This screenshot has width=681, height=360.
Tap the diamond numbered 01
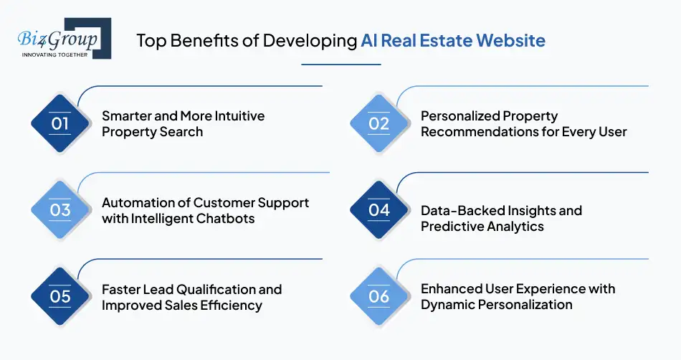pos(60,123)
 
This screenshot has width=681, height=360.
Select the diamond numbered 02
pos(378,123)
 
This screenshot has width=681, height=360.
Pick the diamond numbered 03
pos(60,210)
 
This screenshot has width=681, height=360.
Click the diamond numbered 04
pos(378,210)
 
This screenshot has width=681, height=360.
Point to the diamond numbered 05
pos(60,296)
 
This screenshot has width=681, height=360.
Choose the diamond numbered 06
pos(378,296)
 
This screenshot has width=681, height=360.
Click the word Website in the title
pos(510,40)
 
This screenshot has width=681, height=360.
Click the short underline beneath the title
pos(340,65)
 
